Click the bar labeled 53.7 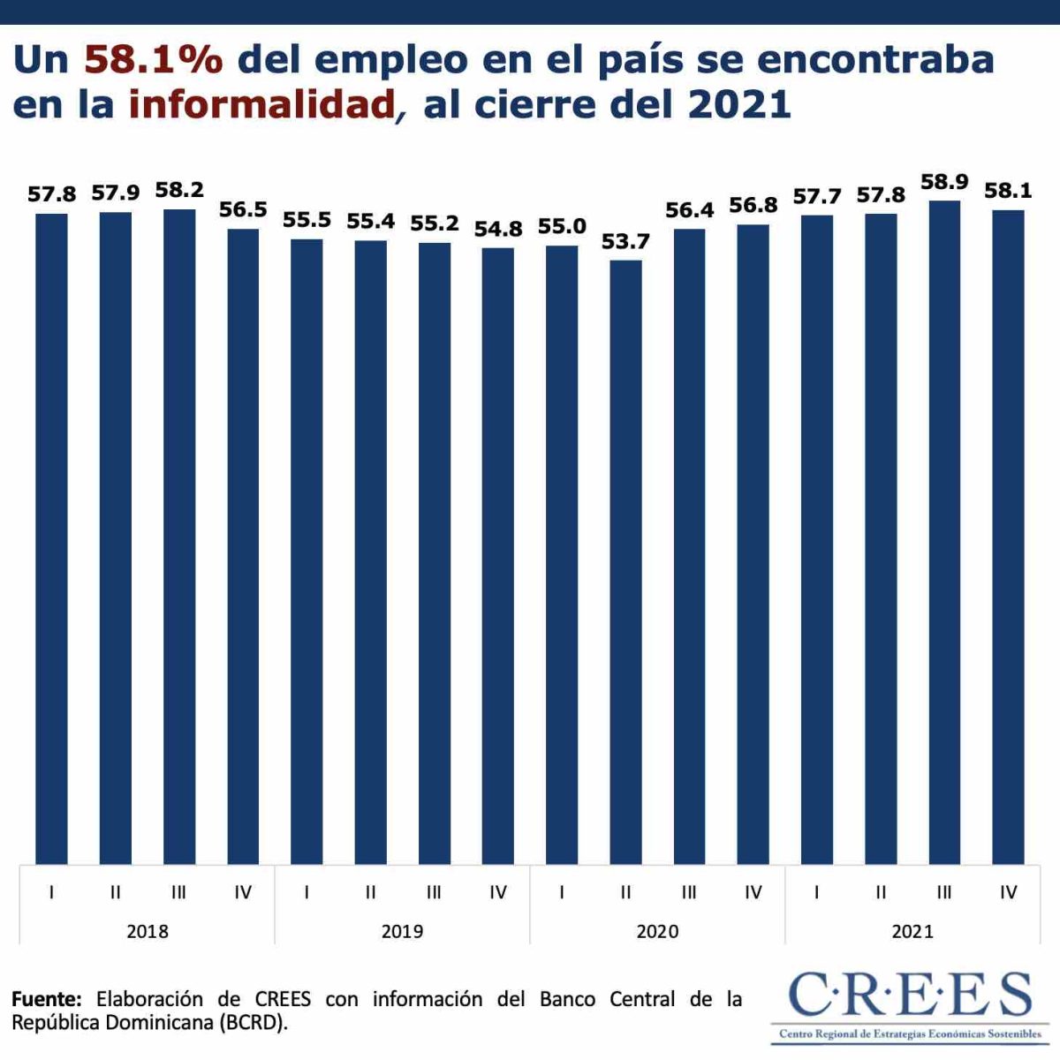625,562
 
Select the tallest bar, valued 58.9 944,532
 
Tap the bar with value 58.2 179,536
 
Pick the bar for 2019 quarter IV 498,556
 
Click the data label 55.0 562,227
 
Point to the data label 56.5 243,210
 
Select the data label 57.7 817,196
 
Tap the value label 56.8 753,206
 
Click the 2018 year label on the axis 148,931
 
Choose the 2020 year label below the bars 658,931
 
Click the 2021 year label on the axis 912,931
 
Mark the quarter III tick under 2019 434,893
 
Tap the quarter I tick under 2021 817,893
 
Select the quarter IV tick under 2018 243,893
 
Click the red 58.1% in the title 154,60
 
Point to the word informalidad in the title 261,105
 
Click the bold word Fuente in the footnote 47,999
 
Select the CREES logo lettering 910,996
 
